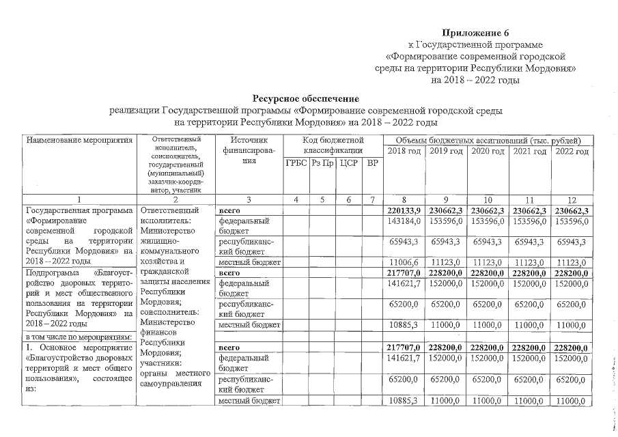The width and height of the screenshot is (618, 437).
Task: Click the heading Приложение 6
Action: (475, 33)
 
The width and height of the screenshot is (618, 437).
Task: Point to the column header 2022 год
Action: (572, 151)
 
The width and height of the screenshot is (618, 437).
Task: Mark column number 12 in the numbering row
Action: (572, 200)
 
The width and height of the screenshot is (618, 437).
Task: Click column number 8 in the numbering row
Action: (404, 200)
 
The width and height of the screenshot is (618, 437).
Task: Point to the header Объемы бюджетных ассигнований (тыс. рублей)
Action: (488, 139)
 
